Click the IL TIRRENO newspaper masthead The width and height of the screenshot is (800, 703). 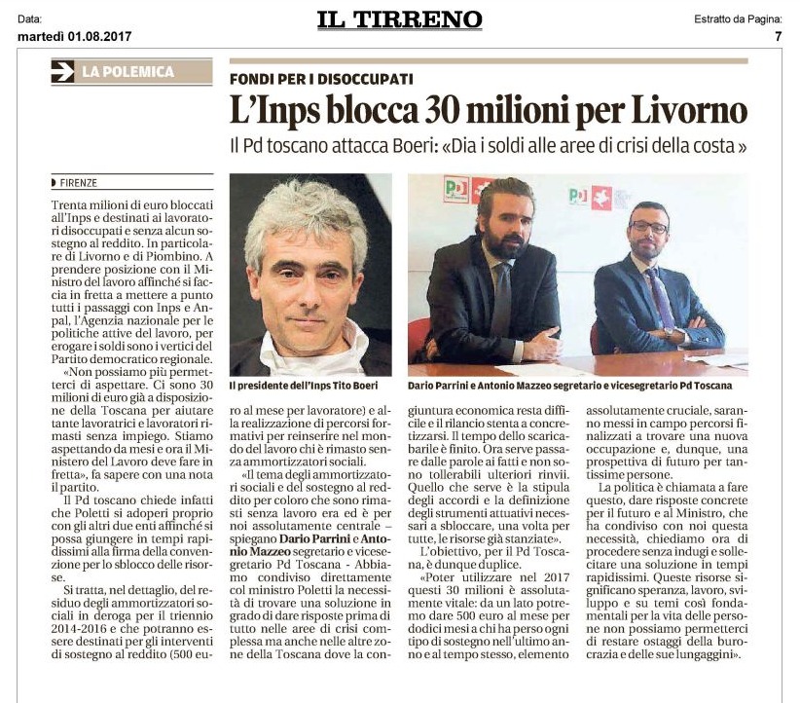[x=399, y=19]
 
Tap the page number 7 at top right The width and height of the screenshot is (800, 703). [x=778, y=37]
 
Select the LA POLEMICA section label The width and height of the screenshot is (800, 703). [x=127, y=71]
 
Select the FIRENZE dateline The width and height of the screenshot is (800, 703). [x=78, y=182]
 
